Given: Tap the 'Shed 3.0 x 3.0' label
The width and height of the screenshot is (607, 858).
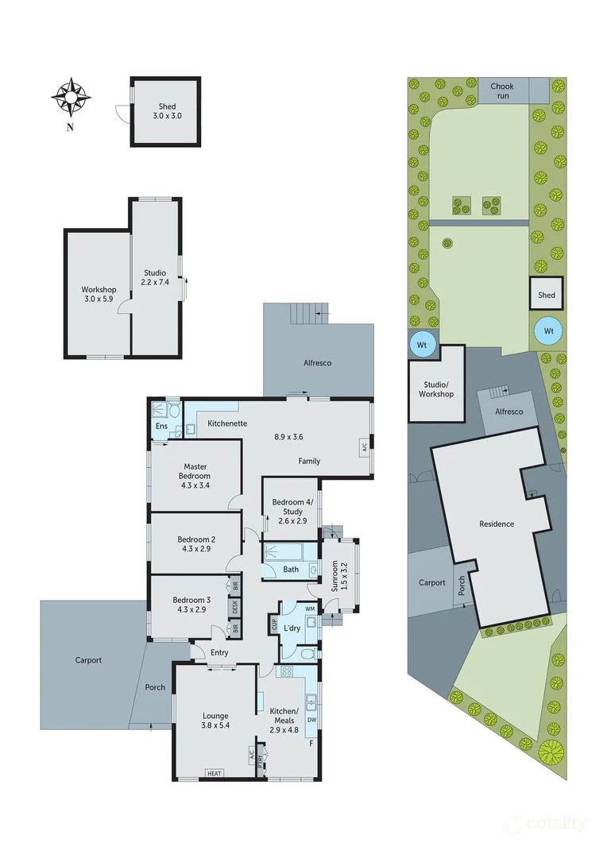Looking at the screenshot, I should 167,111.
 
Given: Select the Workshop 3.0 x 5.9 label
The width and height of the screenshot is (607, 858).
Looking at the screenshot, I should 99,294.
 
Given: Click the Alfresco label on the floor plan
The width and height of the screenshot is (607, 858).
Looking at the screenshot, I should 318,363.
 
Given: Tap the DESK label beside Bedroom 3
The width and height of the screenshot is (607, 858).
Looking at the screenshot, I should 234,607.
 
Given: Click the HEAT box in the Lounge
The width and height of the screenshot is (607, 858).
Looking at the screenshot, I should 213,773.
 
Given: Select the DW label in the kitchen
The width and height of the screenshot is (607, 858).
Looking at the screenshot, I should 311,721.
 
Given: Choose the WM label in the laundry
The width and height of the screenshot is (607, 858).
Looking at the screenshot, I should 310,609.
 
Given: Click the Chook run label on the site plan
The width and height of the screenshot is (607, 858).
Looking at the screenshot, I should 501,90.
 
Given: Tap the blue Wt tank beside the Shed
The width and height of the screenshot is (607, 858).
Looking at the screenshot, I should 547,330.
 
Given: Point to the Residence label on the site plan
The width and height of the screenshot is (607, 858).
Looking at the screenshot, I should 497,524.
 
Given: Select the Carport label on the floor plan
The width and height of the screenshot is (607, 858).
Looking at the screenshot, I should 88,660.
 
